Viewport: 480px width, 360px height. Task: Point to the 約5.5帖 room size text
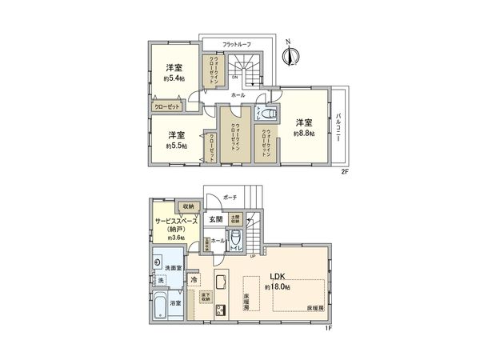[177, 146]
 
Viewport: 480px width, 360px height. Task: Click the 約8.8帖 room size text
[303, 134]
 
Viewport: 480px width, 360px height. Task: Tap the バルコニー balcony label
[341, 126]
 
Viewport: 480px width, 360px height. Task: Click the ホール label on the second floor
[238, 95]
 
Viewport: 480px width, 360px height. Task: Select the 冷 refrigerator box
[194, 281]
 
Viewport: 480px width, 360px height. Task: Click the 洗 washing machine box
[160, 281]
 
